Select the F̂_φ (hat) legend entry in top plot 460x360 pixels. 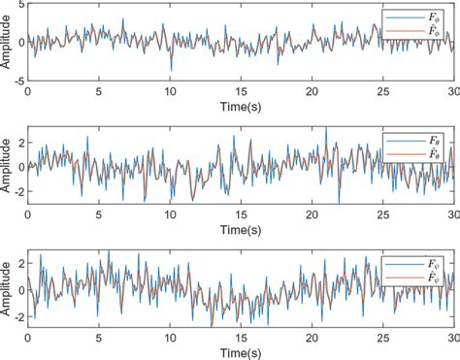pyautogui.click(x=432, y=32)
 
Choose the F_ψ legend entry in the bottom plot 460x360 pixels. pyautogui.click(x=432, y=264)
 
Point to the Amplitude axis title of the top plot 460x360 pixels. pyautogui.click(x=7, y=44)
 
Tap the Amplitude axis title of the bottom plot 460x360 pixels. pyautogui.click(x=7, y=288)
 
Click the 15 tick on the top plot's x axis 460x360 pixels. pyautogui.click(x=241, y=92)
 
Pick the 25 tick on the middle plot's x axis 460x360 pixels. pyautogui.click(x=382, y=213)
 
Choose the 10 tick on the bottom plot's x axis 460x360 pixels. pyautogui.click(x=170, y=337)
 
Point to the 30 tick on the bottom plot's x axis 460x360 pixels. pyautogui.click(x=452, y=337)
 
